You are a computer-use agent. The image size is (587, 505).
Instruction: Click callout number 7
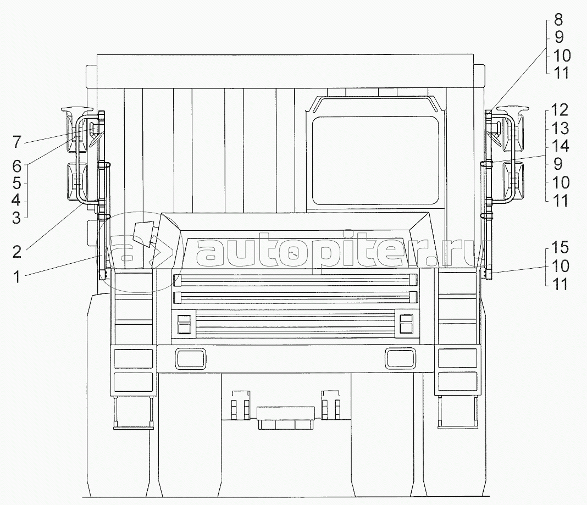coord(17,142)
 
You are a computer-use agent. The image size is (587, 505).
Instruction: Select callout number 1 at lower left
coord(17,278)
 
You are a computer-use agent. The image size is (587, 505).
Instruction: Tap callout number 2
coord(17,252)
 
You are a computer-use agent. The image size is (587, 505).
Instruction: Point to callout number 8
coord(558,19)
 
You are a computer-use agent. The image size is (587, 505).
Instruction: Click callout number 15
coord(560,248)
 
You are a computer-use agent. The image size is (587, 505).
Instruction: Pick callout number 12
coord(560,110)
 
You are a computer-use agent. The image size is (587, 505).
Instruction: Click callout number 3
coord(16,218)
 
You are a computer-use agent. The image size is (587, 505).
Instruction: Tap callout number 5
coord(16,184)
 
